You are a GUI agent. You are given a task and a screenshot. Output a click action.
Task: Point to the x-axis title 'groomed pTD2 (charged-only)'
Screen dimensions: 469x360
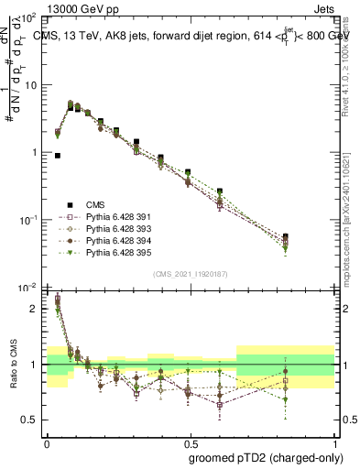click(x=266, y=457)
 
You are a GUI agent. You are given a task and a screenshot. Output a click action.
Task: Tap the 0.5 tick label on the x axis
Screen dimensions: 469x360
click(x=190, y=442)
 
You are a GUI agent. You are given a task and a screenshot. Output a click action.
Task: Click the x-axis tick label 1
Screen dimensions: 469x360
click(x=333, y=442)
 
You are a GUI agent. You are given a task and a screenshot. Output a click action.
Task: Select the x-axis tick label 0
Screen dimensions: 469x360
click(x=47, y=442)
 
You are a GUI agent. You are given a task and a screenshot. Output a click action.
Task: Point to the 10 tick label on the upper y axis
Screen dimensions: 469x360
click(x=33, y=85)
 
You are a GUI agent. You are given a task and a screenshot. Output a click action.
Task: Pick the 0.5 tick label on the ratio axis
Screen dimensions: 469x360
click(x=33, y=420)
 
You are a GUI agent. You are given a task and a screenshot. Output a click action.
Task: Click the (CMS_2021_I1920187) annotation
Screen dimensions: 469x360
click(x=190, y=274)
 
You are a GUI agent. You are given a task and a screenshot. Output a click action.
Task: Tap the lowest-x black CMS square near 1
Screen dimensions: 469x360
click(x=58, y=156)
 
